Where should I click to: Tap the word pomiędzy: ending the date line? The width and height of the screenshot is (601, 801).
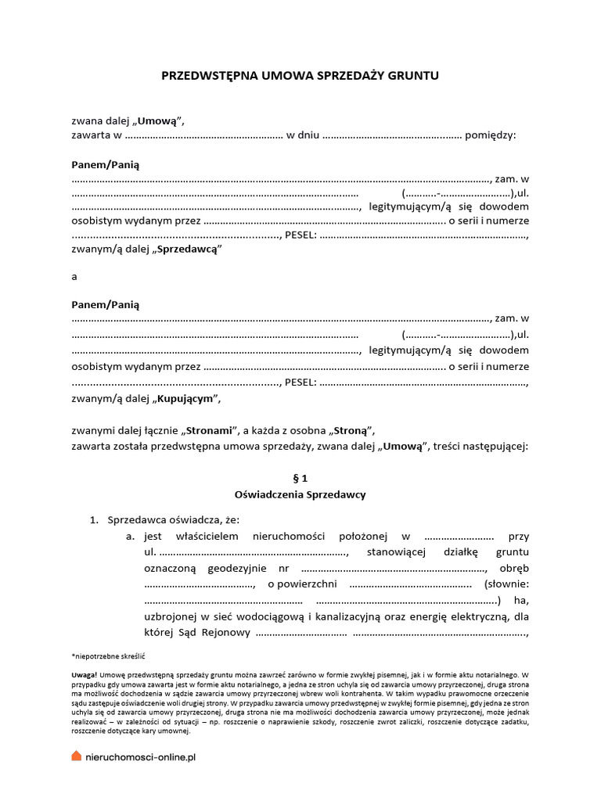tap(490, 135)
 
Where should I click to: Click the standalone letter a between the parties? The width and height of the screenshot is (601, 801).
tap(74, 276)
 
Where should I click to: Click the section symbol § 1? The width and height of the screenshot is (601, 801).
tap(300, 477)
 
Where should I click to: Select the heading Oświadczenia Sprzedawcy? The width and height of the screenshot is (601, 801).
tap(300, 494)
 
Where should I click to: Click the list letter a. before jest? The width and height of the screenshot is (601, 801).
tap(131, 537)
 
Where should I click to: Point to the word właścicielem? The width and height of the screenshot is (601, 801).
tap(208, 537)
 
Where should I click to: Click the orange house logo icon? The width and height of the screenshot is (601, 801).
tap(76, 756)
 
